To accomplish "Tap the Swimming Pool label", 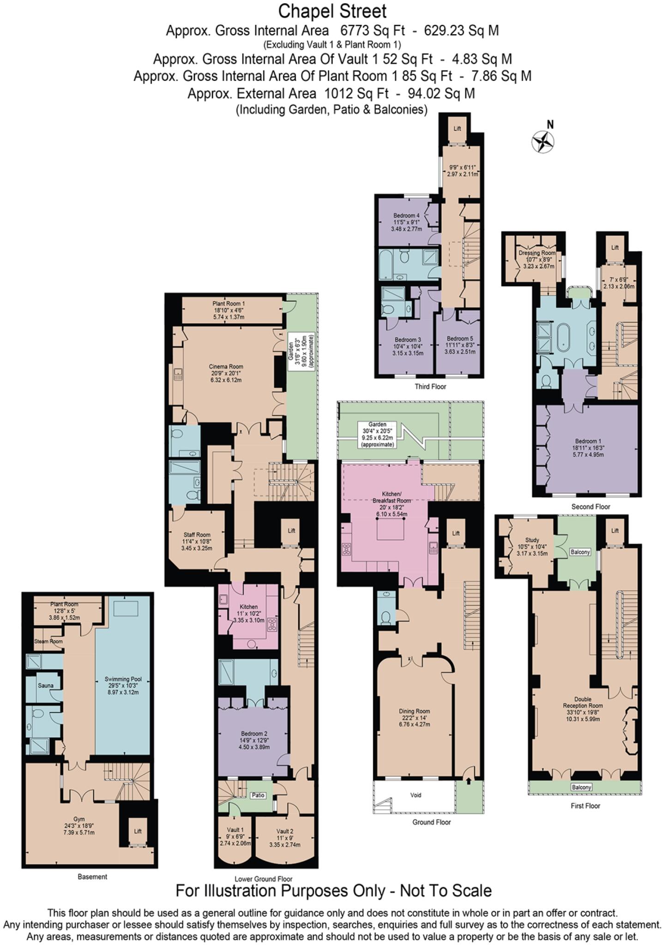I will coord(123,679).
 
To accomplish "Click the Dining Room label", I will coord(414,711).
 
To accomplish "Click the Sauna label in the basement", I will coord(45,685).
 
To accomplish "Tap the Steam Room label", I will coord(48,641).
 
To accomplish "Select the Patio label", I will coord(258,795).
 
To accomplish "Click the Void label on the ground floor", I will coord(415,795).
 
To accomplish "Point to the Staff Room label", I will coord(197,535).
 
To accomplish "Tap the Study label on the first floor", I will coord(532,540).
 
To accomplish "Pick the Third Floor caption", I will coord(430,387).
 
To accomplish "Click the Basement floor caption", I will coord(92,877).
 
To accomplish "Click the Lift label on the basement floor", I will coord(138,831).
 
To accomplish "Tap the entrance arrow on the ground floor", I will coord(469,781).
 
